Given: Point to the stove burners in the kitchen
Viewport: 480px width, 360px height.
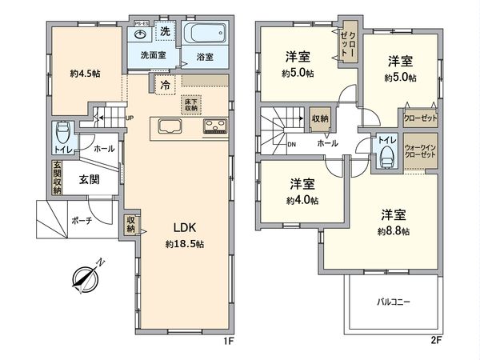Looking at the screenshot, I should pyautogui.click(x=214, y=126).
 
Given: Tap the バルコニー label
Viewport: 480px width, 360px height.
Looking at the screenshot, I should pyautogui.click(x=394, y=302).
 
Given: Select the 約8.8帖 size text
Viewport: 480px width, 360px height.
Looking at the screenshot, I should pyautogui.click(x=394, y=231).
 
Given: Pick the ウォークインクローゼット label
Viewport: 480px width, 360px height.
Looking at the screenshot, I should pyautogui.click(x=419, y=152).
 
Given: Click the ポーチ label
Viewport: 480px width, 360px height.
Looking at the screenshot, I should pyautogui.click(x=80, y=219).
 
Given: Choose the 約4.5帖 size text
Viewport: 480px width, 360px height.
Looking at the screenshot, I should pyautogui.click(x=83, y=74).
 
